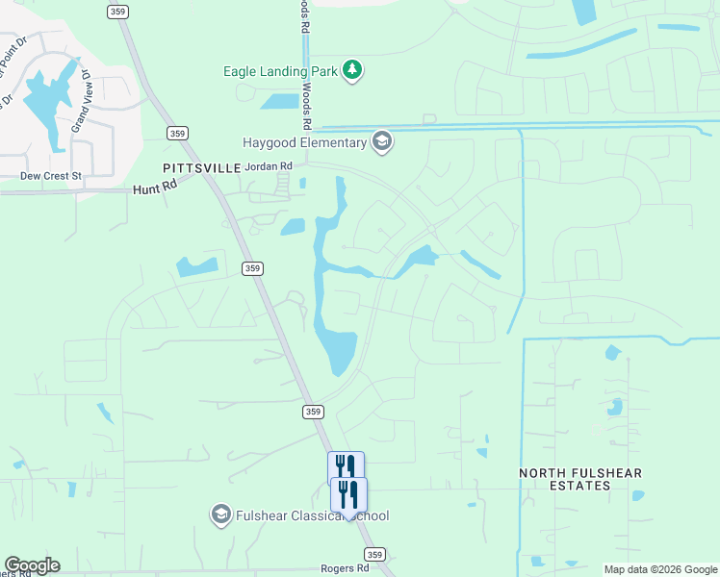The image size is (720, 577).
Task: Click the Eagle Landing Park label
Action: [282, 70]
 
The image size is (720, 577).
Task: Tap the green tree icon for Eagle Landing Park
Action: [353, 69]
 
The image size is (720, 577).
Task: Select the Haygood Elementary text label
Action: [304, 143]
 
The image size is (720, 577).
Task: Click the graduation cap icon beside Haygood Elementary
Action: [382, 142]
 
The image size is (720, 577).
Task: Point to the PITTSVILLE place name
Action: [194, 167]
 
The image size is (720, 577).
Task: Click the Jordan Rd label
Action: [269, 166]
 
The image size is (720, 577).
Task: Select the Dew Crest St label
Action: [52, 176]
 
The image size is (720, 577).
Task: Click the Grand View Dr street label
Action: [83, 101]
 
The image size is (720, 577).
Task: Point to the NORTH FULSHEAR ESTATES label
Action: [580, 479]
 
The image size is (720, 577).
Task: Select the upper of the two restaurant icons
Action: [346, 467]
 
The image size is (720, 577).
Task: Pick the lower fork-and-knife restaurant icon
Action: [348, 494]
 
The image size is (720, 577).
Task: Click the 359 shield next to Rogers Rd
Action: [375, 555]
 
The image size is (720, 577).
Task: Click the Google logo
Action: [32, 565]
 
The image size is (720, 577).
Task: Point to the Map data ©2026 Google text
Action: [660, 569]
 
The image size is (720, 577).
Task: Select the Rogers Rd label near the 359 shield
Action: [346, 568]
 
